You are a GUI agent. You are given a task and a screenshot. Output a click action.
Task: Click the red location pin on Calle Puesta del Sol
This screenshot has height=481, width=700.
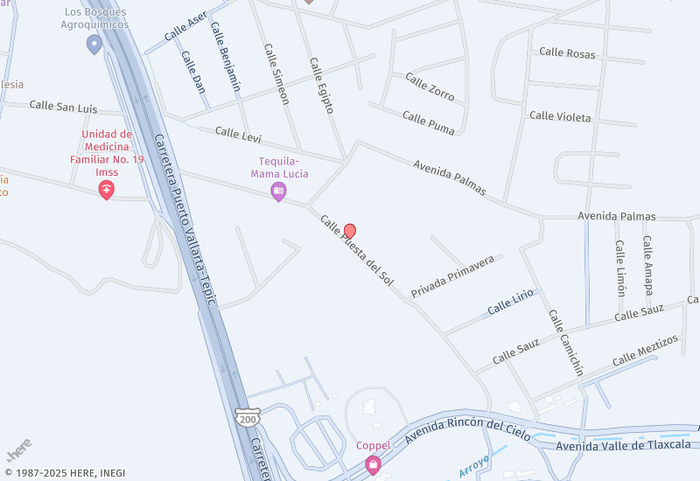(350, 231)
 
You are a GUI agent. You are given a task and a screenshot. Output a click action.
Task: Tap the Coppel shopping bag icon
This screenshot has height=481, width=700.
(373, 463)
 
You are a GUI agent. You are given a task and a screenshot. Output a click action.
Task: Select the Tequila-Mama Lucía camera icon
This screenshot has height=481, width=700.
(278, 191)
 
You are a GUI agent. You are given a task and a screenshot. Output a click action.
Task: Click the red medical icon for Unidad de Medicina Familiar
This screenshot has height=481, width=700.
(107, 189)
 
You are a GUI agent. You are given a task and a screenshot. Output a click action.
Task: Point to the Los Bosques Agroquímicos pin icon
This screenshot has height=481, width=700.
(94, 43)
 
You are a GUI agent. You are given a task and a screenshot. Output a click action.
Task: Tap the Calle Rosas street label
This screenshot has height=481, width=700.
(567, 52)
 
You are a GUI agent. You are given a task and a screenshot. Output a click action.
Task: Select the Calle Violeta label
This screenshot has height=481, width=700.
(560, 116)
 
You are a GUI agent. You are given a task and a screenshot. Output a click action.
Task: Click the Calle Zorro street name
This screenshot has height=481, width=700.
(430, 87)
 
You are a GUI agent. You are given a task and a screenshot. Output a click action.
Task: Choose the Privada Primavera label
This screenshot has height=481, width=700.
(453, 277)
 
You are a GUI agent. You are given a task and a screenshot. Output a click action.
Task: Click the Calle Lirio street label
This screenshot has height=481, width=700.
(510, 302)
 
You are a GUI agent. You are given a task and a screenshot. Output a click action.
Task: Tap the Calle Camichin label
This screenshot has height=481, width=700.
(566, 342)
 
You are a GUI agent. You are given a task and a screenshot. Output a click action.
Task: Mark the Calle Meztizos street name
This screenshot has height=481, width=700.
(645, 350)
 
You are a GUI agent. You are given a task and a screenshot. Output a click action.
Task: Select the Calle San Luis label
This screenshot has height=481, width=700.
(63, 106)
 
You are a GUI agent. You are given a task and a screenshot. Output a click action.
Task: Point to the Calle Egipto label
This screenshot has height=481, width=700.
(321, 86)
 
